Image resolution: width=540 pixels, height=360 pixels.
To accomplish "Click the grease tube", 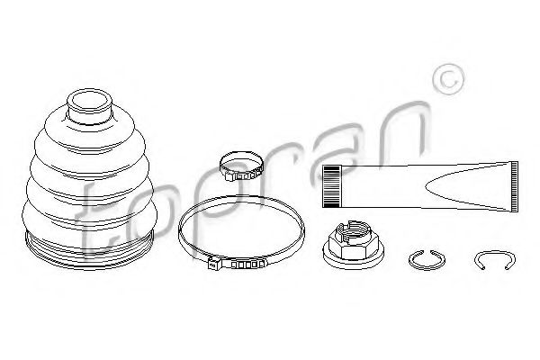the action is pos(419,186).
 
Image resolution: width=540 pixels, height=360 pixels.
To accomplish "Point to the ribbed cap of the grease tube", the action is pos(332,186).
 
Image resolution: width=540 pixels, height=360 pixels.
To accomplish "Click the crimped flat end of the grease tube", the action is pos(514,186).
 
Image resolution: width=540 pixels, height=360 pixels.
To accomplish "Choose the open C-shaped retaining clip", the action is pos(494,254).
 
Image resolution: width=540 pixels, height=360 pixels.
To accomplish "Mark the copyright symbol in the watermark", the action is pos(448,79).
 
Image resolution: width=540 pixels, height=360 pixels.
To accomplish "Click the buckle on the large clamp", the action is pos(237,264).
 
